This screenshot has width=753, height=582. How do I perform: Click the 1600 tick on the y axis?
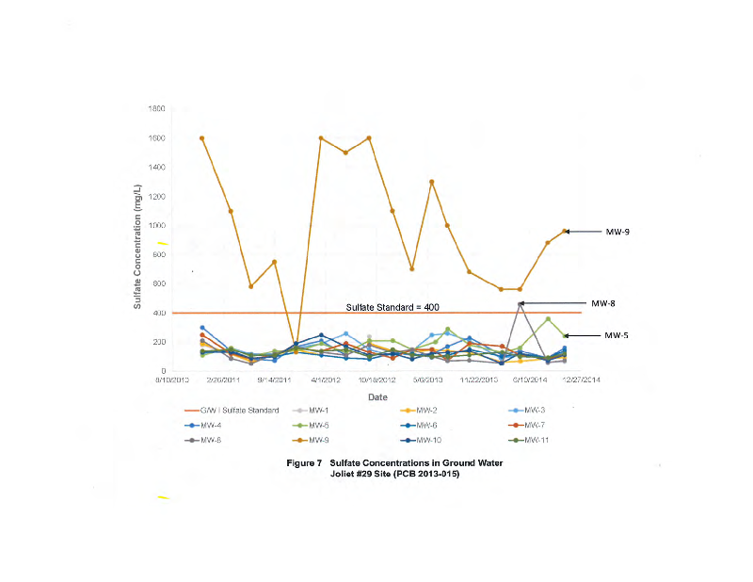coord(157,138)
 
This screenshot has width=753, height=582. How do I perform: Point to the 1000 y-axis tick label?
coord(157,226)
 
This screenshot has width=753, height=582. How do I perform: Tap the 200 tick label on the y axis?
coord(159,342)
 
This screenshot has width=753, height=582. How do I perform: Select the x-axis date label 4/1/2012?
coord(327,380)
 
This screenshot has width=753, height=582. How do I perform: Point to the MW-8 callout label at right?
coord(602,303)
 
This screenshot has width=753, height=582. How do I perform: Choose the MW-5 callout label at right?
coord(616,335)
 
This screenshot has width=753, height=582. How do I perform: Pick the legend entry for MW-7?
coord(533,425)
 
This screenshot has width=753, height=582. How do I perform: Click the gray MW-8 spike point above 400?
coord(521,303)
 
